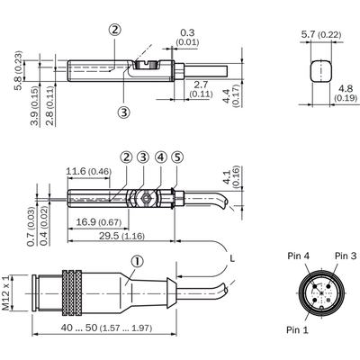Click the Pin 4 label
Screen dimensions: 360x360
click(x=298, y=256)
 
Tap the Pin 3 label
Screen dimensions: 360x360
click(x=346, y=256)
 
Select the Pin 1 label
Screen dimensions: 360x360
click(x=297, y=330)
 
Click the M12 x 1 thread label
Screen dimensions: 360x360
click(x=5, y=292)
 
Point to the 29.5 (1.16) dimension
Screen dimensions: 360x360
click(x=121, y=236)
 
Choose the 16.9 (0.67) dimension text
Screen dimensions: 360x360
click(x=99, y=222)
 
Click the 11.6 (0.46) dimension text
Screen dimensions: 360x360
click(x=89, y=172)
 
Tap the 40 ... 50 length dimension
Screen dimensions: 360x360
click(x=106, y=328)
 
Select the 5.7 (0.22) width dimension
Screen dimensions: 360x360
click(x=321, y=34)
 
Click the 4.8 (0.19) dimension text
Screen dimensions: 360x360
click(x=346, y=94)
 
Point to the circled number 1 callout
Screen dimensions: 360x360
click(x=137, y=262)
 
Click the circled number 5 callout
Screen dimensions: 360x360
click(x=177, y=157)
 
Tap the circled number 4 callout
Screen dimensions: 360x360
click(x=161, y=157)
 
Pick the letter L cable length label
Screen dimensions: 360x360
click(x=232, y=258)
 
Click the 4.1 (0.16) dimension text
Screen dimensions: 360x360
click(x=231, y=177)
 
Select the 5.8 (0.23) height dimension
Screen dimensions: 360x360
click(x=19, y=71)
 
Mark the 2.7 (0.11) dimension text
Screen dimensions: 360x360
click(x=201, y=89)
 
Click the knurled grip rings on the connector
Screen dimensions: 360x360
click(x=72, y=292)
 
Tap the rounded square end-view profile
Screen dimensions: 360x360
click(x=320, y=71)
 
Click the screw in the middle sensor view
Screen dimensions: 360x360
click(x=146, y=198)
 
